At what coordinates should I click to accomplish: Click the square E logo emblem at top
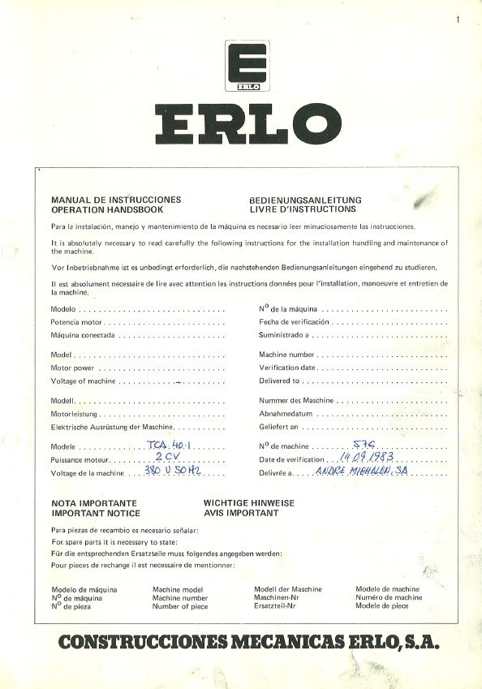point(241,66)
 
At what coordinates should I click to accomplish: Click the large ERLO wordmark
point(241,123)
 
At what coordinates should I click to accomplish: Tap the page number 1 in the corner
point(458,19)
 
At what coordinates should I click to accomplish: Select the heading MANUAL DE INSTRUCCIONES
point(116,200)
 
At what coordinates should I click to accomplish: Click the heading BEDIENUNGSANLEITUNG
point(304,200)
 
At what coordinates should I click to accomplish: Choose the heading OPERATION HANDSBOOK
point(107,209)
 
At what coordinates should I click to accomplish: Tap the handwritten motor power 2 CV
point(166,459)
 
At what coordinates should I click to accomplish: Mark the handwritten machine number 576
point(364,445)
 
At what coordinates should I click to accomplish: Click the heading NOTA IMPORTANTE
point(93,503)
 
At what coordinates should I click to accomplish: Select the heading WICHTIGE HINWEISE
point(249,503)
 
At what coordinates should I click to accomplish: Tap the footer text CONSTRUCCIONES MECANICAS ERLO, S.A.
point(248,643)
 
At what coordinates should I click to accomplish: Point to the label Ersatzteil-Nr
point(280,606)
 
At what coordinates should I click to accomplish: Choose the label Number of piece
point(180,606)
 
